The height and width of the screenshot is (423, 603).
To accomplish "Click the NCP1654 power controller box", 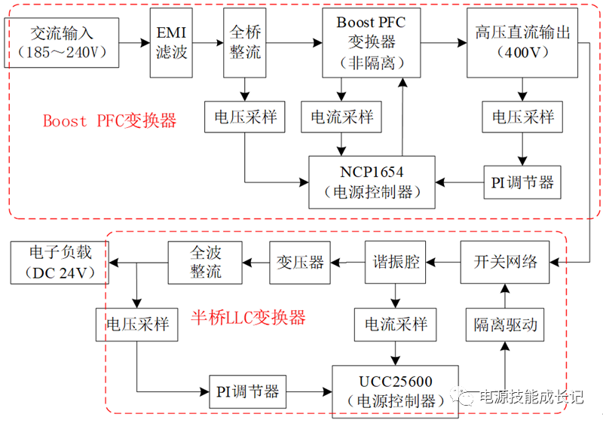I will (x=372, y=182).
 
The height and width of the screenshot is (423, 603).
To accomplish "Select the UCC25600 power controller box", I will (x=395, y=391).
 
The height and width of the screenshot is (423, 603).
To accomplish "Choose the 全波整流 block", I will (x=206, y=262).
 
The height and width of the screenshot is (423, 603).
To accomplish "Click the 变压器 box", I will (x=299, y=262).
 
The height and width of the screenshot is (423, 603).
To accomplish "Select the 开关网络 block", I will (x=506, y=262).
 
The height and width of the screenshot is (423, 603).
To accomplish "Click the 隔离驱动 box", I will (x=506, y=324).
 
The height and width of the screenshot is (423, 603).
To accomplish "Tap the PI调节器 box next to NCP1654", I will (x=522, y=182).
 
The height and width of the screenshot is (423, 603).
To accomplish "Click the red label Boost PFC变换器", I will (x=109, y=120).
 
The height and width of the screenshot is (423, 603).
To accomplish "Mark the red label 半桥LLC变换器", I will (x=248, y=318).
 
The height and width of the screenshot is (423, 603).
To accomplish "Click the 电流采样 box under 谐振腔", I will (x=396, y=324).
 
